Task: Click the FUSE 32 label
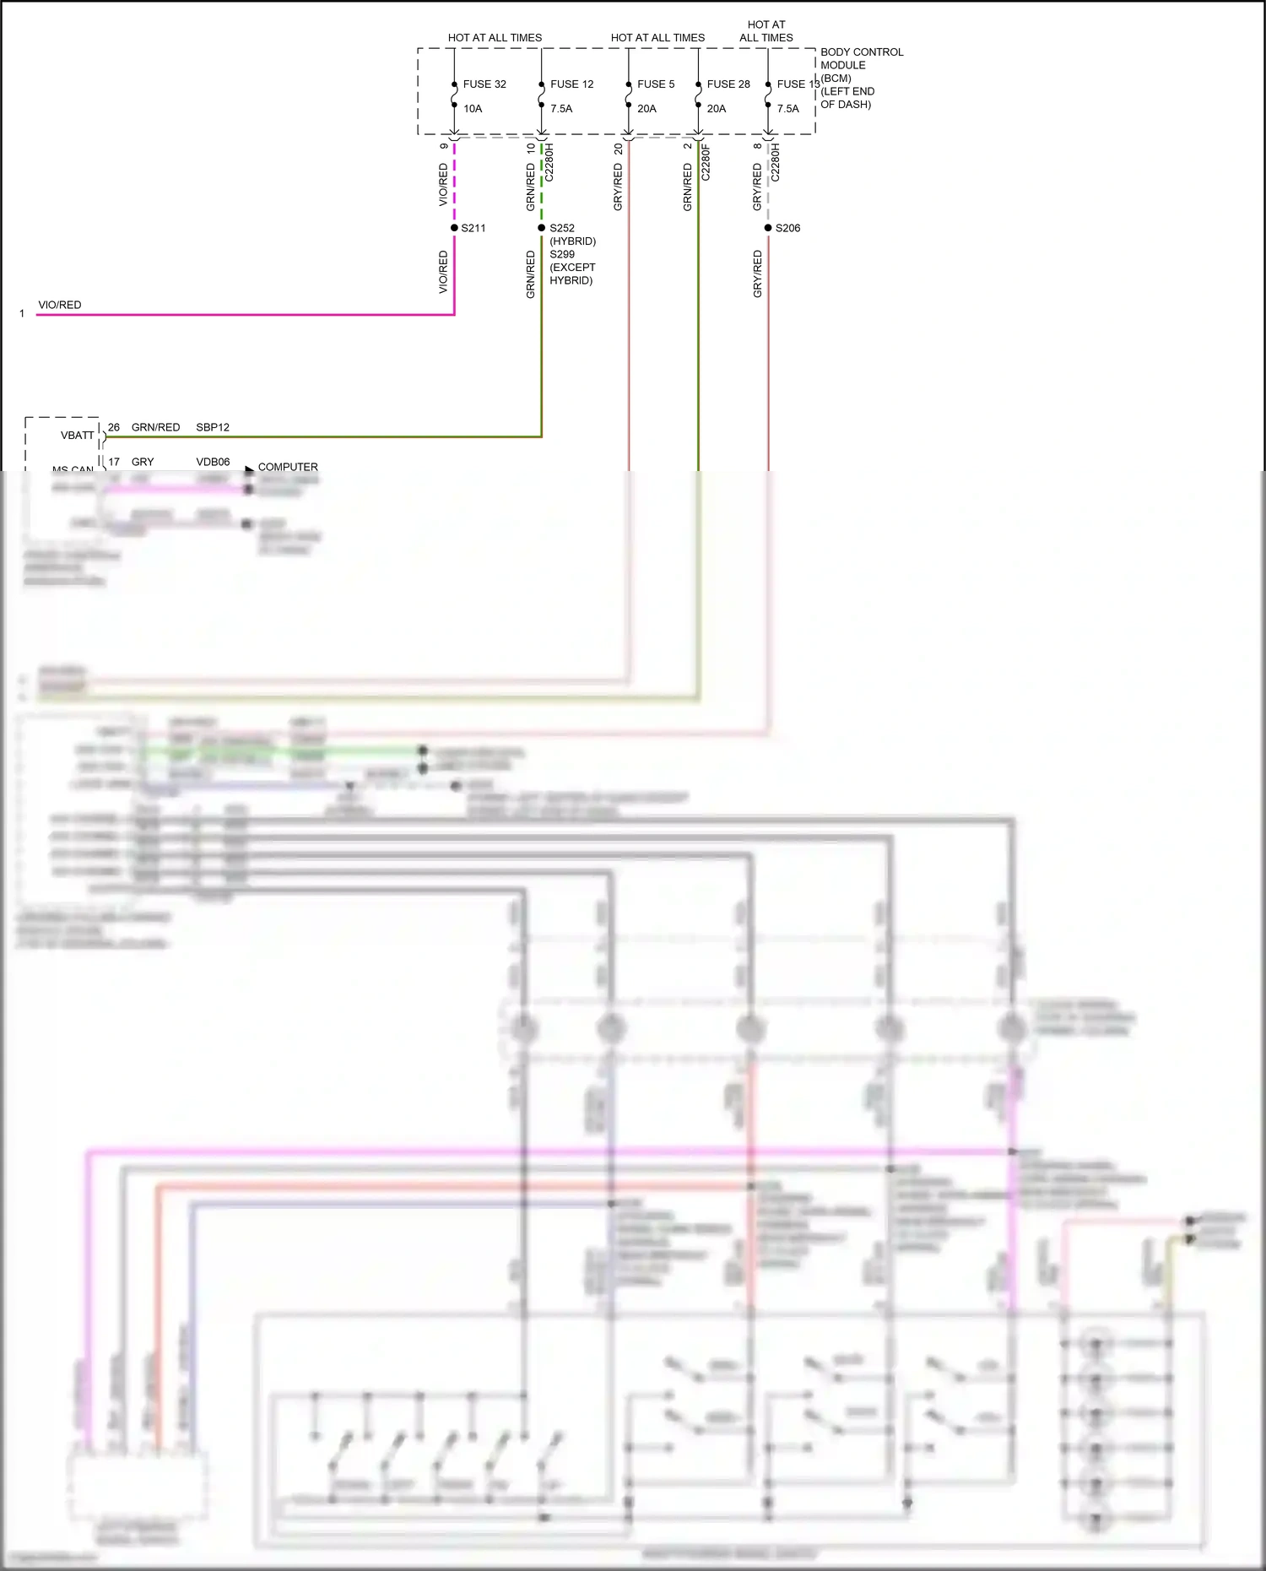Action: click(x=484, y=84)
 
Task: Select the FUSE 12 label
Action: click(x=571, y=84)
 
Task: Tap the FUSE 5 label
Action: click(x=656, y=84)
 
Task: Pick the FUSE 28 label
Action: click(x=728, y=84)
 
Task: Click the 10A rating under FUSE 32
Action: click(x=473, y=109)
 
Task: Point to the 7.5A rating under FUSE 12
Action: click(x=561, y=109)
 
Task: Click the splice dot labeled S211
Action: click(x=454, y=228)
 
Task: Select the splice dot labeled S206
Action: click(x=768, y=228)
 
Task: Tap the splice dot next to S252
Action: click(x=542, y=228)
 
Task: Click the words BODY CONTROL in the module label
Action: click(x=862, y=52)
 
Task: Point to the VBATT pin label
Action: click(x=77, y=436)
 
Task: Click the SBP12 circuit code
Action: click(x=213, y=427)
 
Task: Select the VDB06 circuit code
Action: click(x=213, y=462)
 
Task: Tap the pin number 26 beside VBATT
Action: click(x=114, y=427)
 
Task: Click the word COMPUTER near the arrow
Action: click(x=288, y=467)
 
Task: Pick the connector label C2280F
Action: click(x=706, y=163)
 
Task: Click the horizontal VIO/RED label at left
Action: click(x=60, y=305)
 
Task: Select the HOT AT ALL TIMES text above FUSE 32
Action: click(x=495, y=38)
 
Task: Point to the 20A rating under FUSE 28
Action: click(x=717, y=109)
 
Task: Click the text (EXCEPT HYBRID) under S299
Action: click(x=572, y=274)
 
